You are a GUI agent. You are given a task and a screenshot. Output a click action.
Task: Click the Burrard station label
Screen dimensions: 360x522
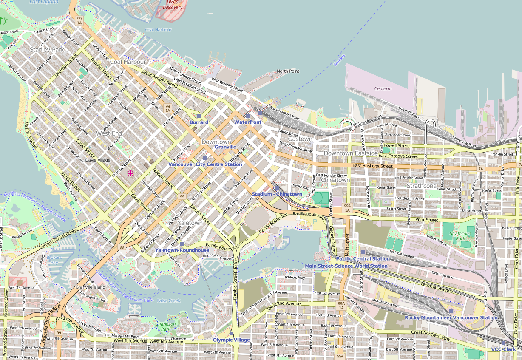pos(199,122)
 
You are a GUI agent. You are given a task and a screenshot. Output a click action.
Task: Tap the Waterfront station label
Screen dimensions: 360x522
pos(248,122)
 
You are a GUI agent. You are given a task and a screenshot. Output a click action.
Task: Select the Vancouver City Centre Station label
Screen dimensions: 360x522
pos(205,164)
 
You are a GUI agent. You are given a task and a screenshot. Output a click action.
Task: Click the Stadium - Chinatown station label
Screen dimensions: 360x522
pos(277,194)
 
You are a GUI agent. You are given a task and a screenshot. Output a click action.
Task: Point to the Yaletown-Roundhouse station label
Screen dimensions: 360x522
pos(182,250)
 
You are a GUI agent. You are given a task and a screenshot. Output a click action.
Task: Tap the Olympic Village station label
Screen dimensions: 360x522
pos(231,340)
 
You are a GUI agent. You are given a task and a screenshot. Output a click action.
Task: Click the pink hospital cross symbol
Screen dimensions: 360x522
pos(130,173)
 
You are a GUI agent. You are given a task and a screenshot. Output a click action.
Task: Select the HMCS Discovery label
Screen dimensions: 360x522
pos(173,5)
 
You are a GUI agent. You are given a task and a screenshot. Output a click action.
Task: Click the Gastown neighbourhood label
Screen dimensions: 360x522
pos(300,139)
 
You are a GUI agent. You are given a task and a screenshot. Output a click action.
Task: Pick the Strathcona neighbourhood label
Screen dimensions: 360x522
pos(422,186)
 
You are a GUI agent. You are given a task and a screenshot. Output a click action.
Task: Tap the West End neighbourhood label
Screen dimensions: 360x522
pos(109,133)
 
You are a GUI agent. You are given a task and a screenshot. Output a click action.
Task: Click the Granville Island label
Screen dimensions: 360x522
pos(90,287)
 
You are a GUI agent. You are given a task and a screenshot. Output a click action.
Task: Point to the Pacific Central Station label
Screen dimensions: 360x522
pos(363,258)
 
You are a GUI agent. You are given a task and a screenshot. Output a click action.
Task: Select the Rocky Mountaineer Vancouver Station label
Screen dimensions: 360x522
pos(451,317)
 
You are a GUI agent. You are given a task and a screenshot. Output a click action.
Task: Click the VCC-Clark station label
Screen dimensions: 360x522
pos(503,349)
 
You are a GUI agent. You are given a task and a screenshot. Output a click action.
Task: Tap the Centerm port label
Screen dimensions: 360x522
pos(383,88)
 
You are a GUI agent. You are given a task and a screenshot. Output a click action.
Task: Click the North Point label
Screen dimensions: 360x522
pos(288,71)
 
